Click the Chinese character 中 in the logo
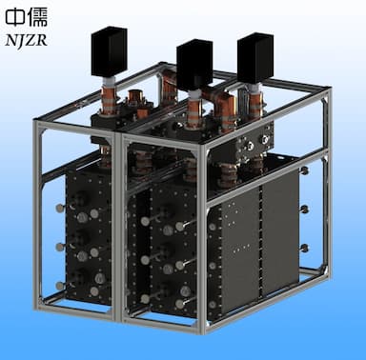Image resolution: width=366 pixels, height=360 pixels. point(15,17)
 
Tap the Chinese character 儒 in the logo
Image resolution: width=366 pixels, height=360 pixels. point(38,17)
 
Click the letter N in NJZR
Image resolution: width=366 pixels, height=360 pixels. point(11,40)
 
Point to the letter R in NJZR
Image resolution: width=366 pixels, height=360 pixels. point(42,40)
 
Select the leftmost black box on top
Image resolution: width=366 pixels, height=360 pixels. point(110,51)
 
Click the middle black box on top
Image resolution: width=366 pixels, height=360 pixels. point(194,65)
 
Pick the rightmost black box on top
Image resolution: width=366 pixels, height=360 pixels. point(255,58)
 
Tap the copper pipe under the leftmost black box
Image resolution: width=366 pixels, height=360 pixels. point(109,97)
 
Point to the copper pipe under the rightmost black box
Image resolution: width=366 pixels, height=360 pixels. point(255,101)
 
